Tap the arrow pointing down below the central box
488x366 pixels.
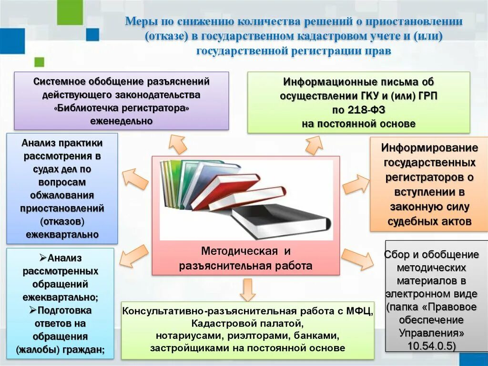point(247,290)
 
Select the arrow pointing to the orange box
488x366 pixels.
point(356,184)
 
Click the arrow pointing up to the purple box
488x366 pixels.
point(178,144)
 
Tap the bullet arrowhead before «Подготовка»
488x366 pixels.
point(33,310)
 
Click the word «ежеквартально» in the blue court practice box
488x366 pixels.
point(62,234)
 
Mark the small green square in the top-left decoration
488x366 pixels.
point(39,62)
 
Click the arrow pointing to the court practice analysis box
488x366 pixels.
point(135,178)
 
